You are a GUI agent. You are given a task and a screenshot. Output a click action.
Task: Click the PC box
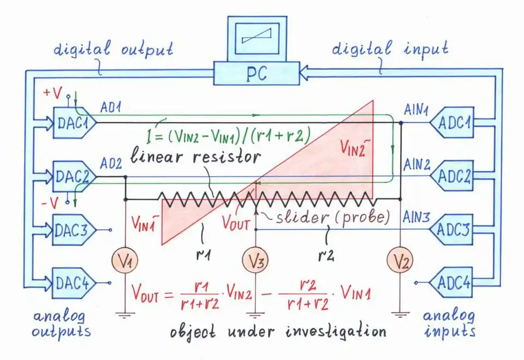click(256, 73)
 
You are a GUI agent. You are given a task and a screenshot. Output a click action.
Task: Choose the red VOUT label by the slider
click(235, 224)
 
